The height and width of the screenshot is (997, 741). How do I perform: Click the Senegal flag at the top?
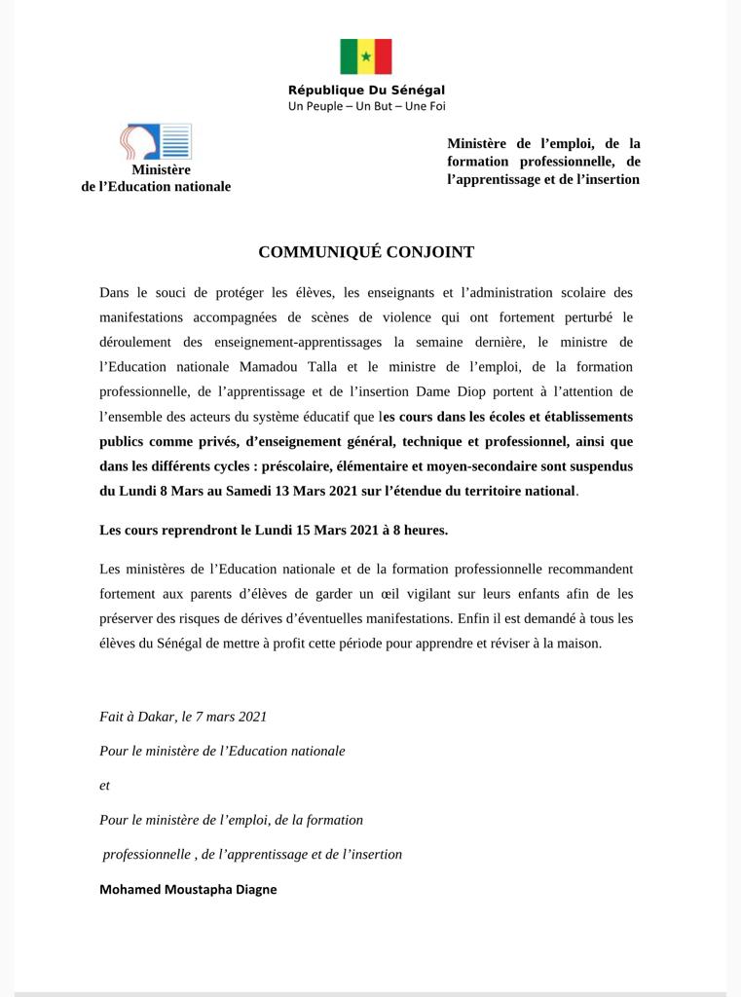(x=366, y=56)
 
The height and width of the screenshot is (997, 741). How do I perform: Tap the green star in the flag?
(x=366, y=56)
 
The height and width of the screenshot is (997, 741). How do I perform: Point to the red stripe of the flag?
(x=383, y=56)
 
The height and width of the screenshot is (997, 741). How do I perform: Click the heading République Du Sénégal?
(x=366, y=91)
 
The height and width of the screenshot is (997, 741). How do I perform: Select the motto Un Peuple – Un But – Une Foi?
(x=366, y=106)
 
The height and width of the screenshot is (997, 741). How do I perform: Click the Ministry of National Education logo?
(x=155, y=142)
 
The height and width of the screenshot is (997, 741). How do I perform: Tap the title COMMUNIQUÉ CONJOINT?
(x=366, y=252)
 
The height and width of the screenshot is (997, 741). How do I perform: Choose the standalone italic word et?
(x=104, y=785)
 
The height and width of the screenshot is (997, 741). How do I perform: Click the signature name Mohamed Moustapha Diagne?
(x=188, y=889)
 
